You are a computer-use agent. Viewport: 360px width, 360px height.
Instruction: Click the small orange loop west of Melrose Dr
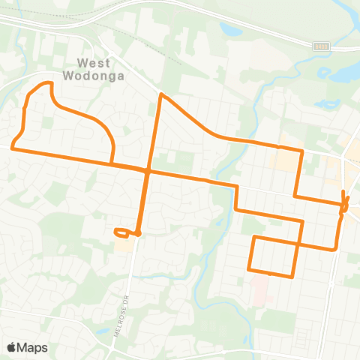tap(122, 232)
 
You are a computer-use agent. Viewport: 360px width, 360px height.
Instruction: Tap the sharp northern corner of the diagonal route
tap(160, 95)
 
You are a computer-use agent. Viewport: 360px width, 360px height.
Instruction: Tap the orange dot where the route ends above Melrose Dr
tap(139, 233)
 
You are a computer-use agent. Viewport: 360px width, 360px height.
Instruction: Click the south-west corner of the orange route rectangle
tap(249, 268)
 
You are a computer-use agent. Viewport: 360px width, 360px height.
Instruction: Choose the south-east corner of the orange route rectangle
tap(292, 276)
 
